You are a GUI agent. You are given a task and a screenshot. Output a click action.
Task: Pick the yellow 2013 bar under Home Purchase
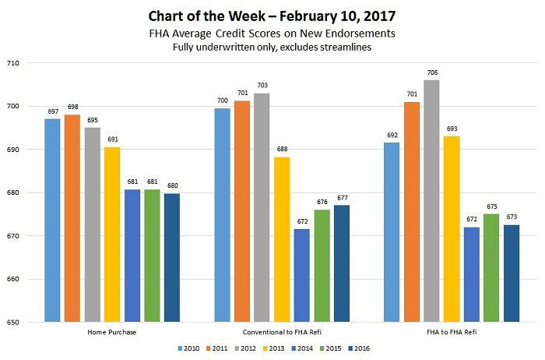(112, 235)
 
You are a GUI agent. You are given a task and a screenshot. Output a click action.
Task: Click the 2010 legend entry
(187, 348)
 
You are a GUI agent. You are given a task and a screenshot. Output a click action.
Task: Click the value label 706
(431, 72)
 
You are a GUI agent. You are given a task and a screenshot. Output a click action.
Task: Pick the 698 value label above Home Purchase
(72, 107)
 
